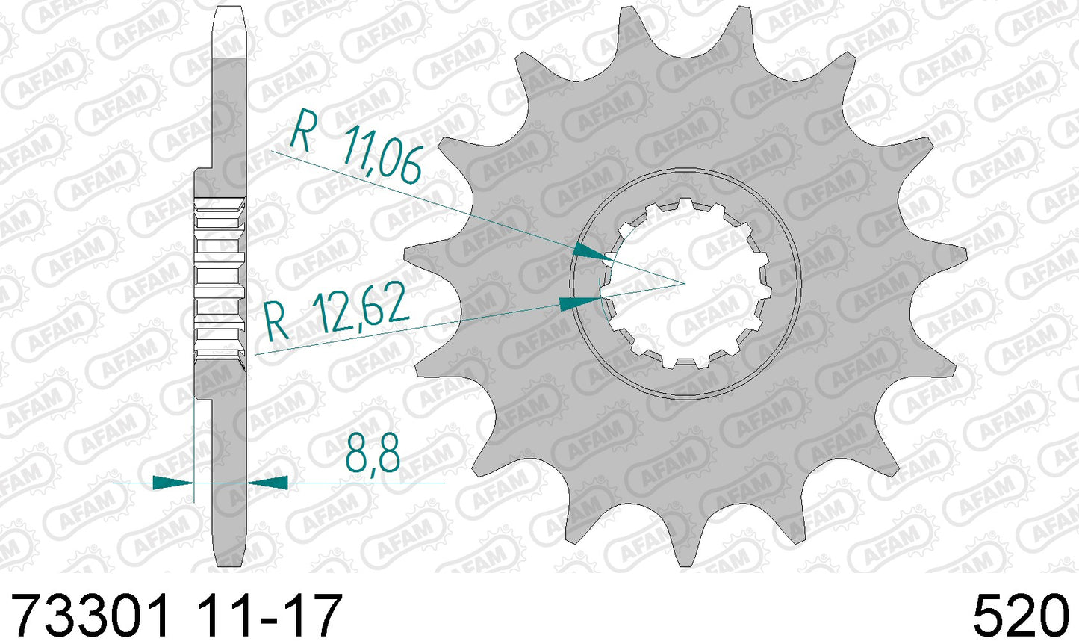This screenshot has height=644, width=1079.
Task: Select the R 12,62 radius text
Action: point(338,312)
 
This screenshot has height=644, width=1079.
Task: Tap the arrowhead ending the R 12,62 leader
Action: point(580,303)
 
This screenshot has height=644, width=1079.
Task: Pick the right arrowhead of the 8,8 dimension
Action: point(267,482)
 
